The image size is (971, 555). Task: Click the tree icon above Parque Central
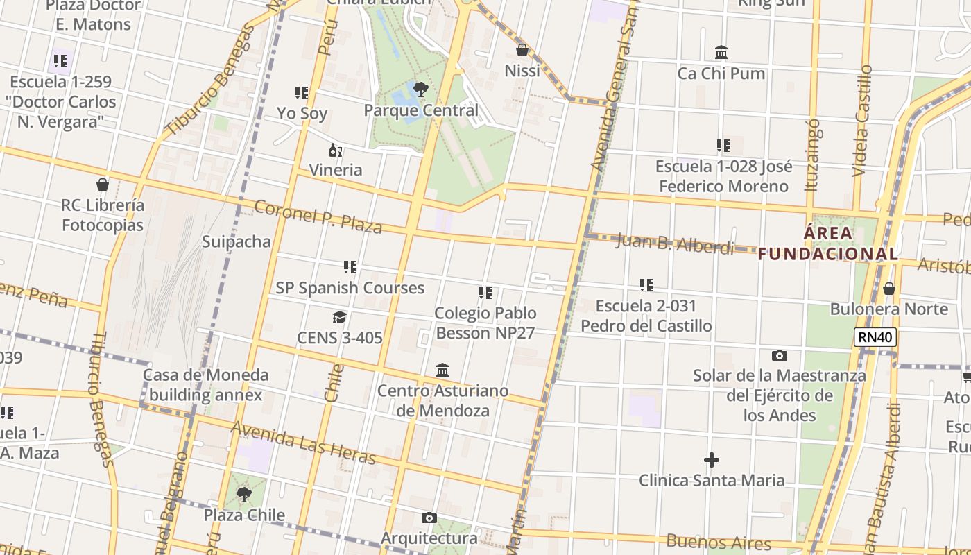tap(420, 89)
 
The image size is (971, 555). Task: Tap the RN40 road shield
tap(876, 338)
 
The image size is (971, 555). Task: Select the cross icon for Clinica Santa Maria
tap(711, 460)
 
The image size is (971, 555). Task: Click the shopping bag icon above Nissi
tap(522, 50)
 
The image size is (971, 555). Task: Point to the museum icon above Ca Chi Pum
tap(721, 53)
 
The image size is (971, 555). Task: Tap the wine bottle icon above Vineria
tap(336, 151)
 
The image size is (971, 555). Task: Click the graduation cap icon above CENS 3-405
tap(339, 318)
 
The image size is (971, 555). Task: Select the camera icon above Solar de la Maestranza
tap(780, 356)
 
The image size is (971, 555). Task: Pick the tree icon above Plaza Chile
tap(243, 495)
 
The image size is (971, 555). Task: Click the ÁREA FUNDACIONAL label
tap(828, 244)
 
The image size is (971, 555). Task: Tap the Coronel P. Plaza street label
tap(318, 216)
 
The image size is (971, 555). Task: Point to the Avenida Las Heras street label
tap(303, 443)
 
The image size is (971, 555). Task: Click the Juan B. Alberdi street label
tap(674, 244)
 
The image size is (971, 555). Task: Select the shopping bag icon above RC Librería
tap(103, 185)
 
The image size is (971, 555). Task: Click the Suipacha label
tap(236, 241)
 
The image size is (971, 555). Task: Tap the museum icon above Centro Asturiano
tap(442, 370)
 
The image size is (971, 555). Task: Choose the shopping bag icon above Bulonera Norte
tap(889, 289)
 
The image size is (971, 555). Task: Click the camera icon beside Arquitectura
tap(429, 518)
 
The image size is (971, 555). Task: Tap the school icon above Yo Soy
tap(302, 92)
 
